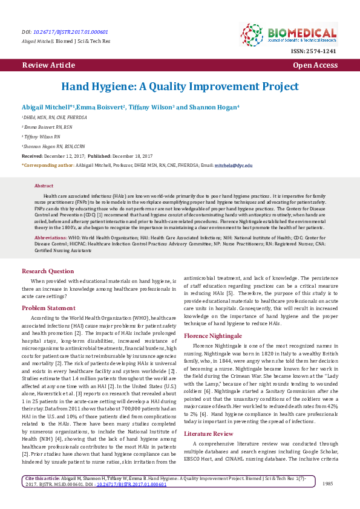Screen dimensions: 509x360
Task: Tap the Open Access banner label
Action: pyautogui.click(x=315, y=65)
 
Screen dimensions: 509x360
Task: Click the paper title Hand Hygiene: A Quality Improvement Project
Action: pyautogui.click(x=180, y=86)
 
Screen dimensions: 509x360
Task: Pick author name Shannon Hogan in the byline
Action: pyautogui.click(x=215, y=106)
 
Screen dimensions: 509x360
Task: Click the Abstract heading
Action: pyautogui.click(x=44, y=186)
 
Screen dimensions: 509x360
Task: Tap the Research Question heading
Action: pyautogui.click(x=51, y=271)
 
